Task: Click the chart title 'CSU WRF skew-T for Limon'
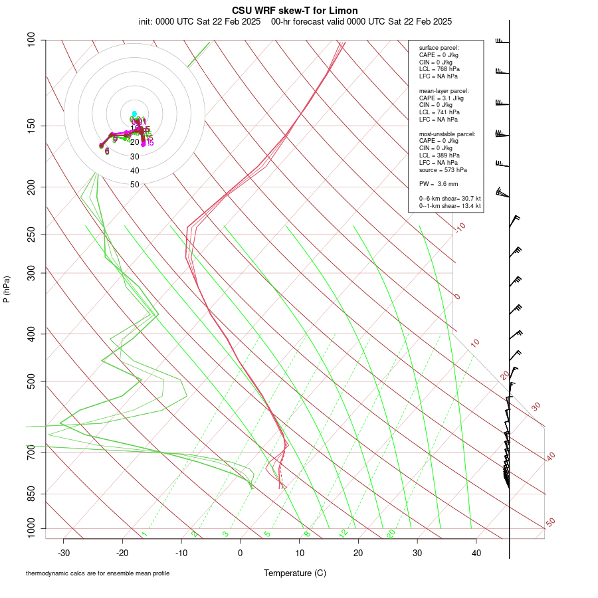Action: (295, 11)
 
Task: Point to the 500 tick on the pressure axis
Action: (32, 381)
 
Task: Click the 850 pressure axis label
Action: (32, 494)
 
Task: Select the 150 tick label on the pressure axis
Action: (32, 126)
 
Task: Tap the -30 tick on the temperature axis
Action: (64, 552)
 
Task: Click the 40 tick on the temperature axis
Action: (476, 552)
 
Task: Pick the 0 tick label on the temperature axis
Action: (241, 552)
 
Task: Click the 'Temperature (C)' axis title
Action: (295, 573)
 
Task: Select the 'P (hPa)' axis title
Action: (7, 290)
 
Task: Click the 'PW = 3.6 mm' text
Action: (439, 184)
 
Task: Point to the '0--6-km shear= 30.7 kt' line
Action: (450, 199)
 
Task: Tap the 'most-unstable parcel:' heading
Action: (447, 134)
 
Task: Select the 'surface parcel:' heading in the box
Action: (439, 48)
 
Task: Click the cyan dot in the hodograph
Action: (134, 114)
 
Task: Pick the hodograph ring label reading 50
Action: (135, 185)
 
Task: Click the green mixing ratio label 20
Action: (391, 534)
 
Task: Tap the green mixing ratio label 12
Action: (344, 534)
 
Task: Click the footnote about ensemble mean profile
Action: (98, 573)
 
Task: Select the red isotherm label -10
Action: (460, 227)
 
